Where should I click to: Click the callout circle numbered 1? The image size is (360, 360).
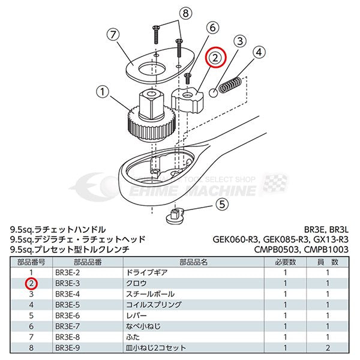pos(103,92)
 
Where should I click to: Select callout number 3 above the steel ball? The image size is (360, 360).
pos(239,41)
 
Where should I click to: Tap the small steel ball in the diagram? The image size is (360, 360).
pos(213,92)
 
